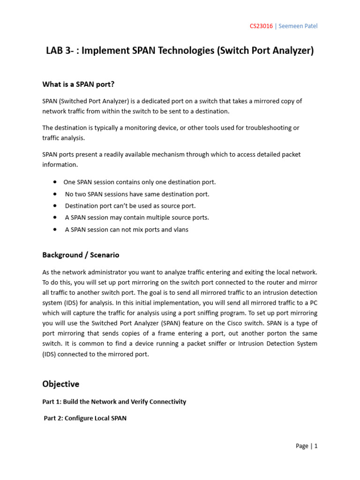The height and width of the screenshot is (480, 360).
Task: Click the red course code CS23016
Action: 261,26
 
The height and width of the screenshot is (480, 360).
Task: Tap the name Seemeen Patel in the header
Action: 298,26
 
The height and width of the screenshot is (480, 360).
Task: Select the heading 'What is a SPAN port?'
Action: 78,84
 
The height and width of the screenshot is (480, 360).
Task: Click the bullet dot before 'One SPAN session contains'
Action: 55,182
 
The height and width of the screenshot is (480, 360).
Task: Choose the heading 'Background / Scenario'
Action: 81,255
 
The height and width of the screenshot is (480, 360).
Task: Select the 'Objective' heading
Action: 61,384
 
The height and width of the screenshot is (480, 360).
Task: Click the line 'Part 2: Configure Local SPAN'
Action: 85,418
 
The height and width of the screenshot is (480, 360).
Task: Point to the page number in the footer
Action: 316,446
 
